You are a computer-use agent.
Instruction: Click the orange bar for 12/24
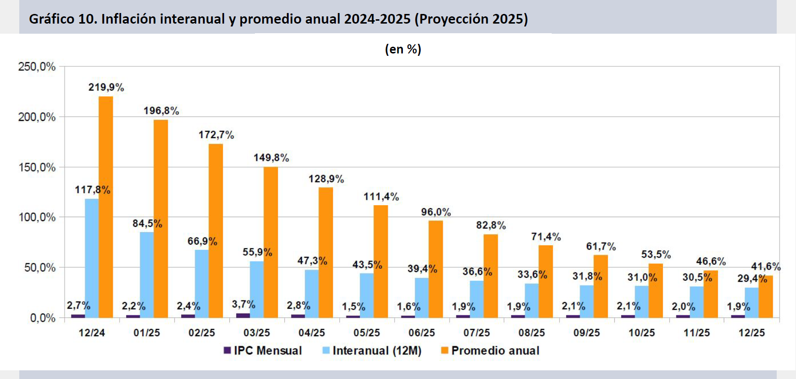pyautogui.click(x=106, y=207)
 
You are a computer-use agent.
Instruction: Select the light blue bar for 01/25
pyautogui.click(x=147, y=275)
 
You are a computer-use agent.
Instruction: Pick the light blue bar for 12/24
pyautogui.click(x=92, y=258)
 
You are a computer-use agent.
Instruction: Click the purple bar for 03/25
pyautogui.click(x=243, y=315)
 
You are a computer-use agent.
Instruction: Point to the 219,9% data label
pyautogui.click(x=106, y=87)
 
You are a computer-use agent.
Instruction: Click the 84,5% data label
pyautogui.click(x=147, y=223)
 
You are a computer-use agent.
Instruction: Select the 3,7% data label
pyautogui.click(x=243, y=304)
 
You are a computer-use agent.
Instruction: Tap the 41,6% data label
pyautogui.click(x=766, y=266)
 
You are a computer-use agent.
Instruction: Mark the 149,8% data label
pyautogui.click(x=271, y=157)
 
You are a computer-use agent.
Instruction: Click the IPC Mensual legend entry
pyautogui.click(x=263, y=351)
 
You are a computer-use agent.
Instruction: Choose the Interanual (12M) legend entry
pyautogui.click(x=371, y=351)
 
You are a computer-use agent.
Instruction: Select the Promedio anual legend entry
pyautogui.click(x=490, y=351)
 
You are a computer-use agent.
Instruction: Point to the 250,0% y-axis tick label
pyautogui.click(x=37, y=67)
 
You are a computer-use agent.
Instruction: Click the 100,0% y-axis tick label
pyautogui.click(x=37, y=218)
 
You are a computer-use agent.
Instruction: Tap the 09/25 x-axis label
pyautogui.click(x=586, y=333)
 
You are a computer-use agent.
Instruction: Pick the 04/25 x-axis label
pyautogui.click(x=312, y=333)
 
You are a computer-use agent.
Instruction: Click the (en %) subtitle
pyautogui.click(x=403, y=49)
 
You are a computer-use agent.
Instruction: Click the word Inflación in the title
pyautogui.click(x=129, y=19)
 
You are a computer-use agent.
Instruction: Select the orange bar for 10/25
pyautogui.click(x=655, y=290)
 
